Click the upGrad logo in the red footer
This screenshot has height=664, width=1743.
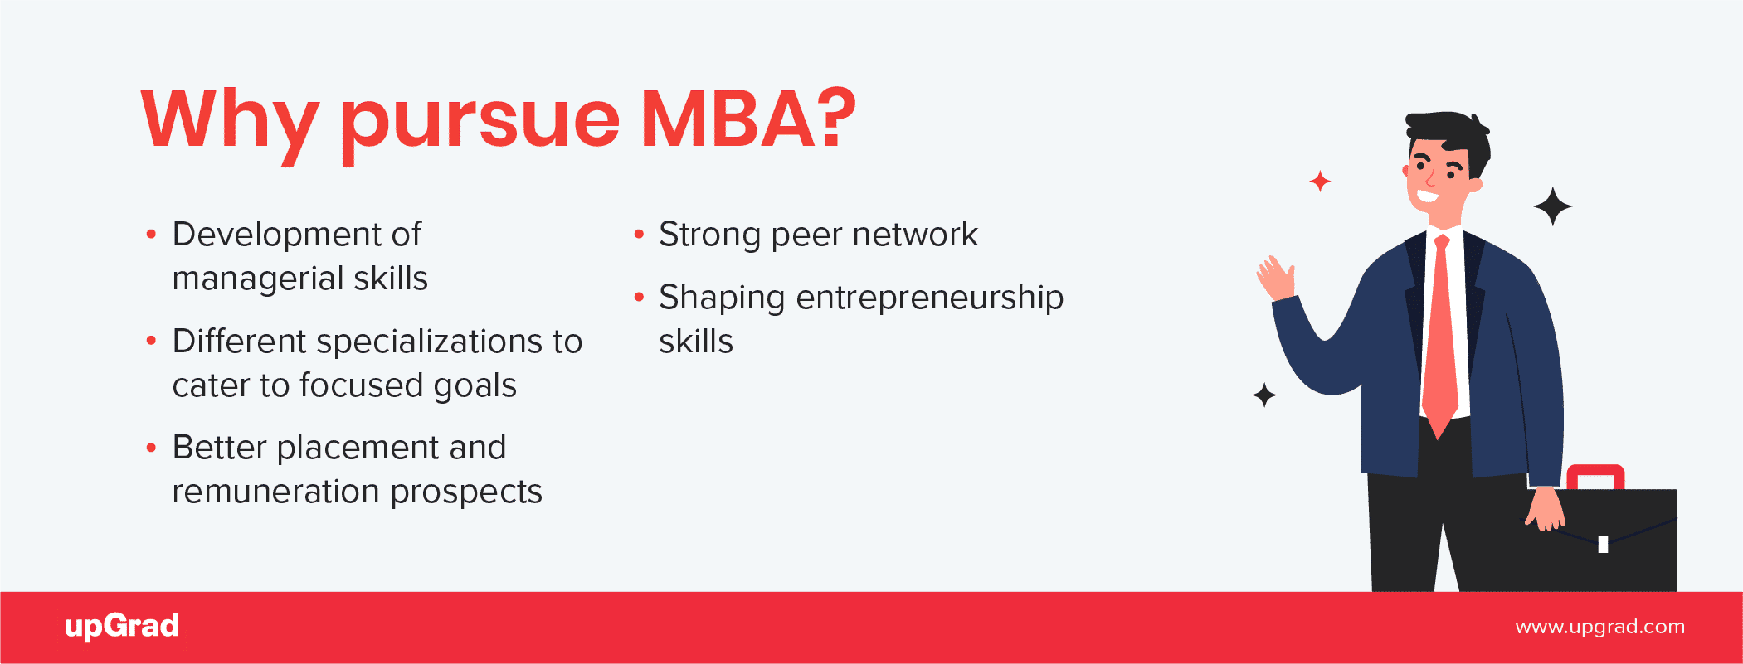coord(122,626)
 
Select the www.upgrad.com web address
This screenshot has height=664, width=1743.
coord(1599,627)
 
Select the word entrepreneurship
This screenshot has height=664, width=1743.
coord(929,298)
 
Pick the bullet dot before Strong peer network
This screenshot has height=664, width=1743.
coord(639,235)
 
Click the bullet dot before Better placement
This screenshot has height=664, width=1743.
coord(151,448)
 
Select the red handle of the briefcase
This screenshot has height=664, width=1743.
coord(1595,476)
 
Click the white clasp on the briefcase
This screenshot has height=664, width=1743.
coord(1603,544)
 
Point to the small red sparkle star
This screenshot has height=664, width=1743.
coord(1320,181)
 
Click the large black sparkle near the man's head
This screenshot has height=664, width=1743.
coord(1552,206)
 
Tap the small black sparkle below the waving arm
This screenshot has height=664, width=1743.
coord(1264,395)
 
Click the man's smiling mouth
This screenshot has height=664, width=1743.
coord(1428,198)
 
